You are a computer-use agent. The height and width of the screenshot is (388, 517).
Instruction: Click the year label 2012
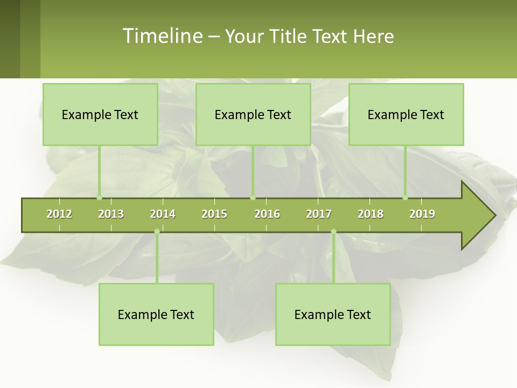[x=59, y=214]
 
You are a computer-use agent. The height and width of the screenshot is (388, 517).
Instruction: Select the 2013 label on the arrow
[x=111, y=214]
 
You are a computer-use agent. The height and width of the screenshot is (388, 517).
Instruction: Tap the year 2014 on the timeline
[x=163, y=214]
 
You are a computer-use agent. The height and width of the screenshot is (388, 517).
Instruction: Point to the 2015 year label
[x=214, y=214]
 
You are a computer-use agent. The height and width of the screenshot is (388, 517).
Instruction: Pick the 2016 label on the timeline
[x=267, y=214]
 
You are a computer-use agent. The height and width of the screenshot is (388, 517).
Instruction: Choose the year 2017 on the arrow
[x=319, y=214]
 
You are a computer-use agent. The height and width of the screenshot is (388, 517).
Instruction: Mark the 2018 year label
[x=371, y=214]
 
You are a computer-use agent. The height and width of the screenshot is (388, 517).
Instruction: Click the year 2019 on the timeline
[x=422, y=214]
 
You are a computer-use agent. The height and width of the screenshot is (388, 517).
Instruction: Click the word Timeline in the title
[x=162, y=36]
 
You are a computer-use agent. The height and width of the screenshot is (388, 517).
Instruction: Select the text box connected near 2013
[x=100, y=114]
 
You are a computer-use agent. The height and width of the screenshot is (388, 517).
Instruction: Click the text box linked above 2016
[x=253, y=114]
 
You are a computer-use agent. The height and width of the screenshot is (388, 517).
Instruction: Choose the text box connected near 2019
[x=406, y=114]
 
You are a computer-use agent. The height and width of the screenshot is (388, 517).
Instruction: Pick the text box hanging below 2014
[x=156, y=314]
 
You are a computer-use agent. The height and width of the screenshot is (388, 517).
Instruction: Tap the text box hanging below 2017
[x=333, y=314]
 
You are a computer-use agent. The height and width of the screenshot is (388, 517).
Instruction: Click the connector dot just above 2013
[x=99, y=198]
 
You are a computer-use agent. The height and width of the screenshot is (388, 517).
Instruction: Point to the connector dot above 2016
[x=253, y=198]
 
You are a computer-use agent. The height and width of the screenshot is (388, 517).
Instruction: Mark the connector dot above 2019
[x=406, y=198]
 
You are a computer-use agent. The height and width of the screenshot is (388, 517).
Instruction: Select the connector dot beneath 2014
[x=157, y=232]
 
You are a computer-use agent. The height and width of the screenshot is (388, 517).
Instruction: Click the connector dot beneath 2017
[x=333, y=232]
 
